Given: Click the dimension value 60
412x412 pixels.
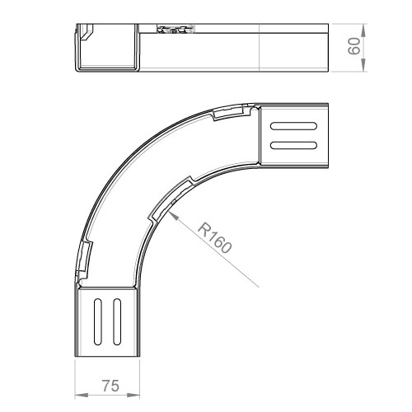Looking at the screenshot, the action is (x=354, y=46).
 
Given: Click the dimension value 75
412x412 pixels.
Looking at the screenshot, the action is (x=110, y=386).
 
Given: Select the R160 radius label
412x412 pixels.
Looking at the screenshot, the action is (x=214, y=238).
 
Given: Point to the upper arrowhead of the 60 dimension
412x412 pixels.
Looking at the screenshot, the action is (x=363, y=30).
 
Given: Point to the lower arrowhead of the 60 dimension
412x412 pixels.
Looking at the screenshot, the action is (x=363, y=65).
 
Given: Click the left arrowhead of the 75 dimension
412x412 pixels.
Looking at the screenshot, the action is (x=82, y=396).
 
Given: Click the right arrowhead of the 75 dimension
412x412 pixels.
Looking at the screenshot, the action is (x=133, y=396).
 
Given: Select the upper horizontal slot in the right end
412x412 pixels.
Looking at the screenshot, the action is (x=293, y=126).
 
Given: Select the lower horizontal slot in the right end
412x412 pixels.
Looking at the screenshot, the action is (x=293, y=145).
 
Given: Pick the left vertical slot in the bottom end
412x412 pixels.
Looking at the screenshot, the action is (x=98, y=321).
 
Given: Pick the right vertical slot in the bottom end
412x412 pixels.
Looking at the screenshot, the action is (x=117, y=321).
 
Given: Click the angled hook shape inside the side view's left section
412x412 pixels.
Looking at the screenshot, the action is (x=87, y=32).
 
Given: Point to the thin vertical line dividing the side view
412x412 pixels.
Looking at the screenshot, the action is (x=260, y=48).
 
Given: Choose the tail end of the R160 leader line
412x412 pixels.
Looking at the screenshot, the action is (x=259, y=288).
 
